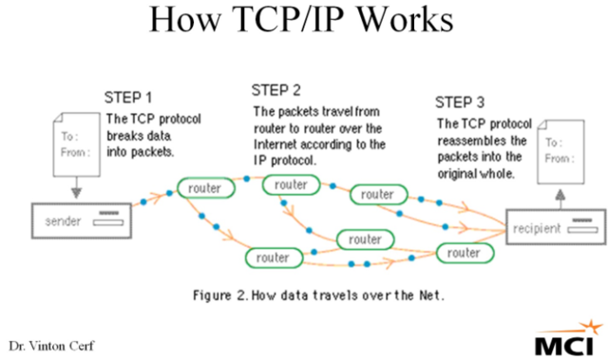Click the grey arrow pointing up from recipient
560,199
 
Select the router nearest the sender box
204,188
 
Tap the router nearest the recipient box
463,253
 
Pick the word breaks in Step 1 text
124,134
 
